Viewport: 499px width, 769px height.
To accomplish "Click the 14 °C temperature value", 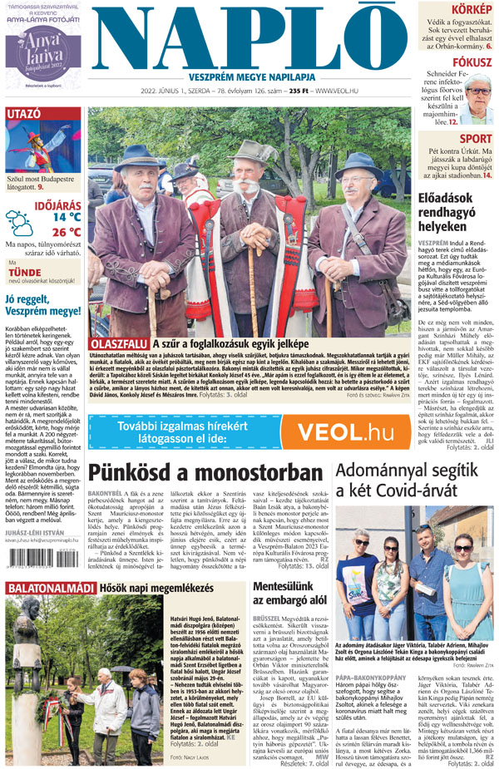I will [x=67, y=217].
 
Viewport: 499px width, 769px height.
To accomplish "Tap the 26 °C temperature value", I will [x=67, y=232].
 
